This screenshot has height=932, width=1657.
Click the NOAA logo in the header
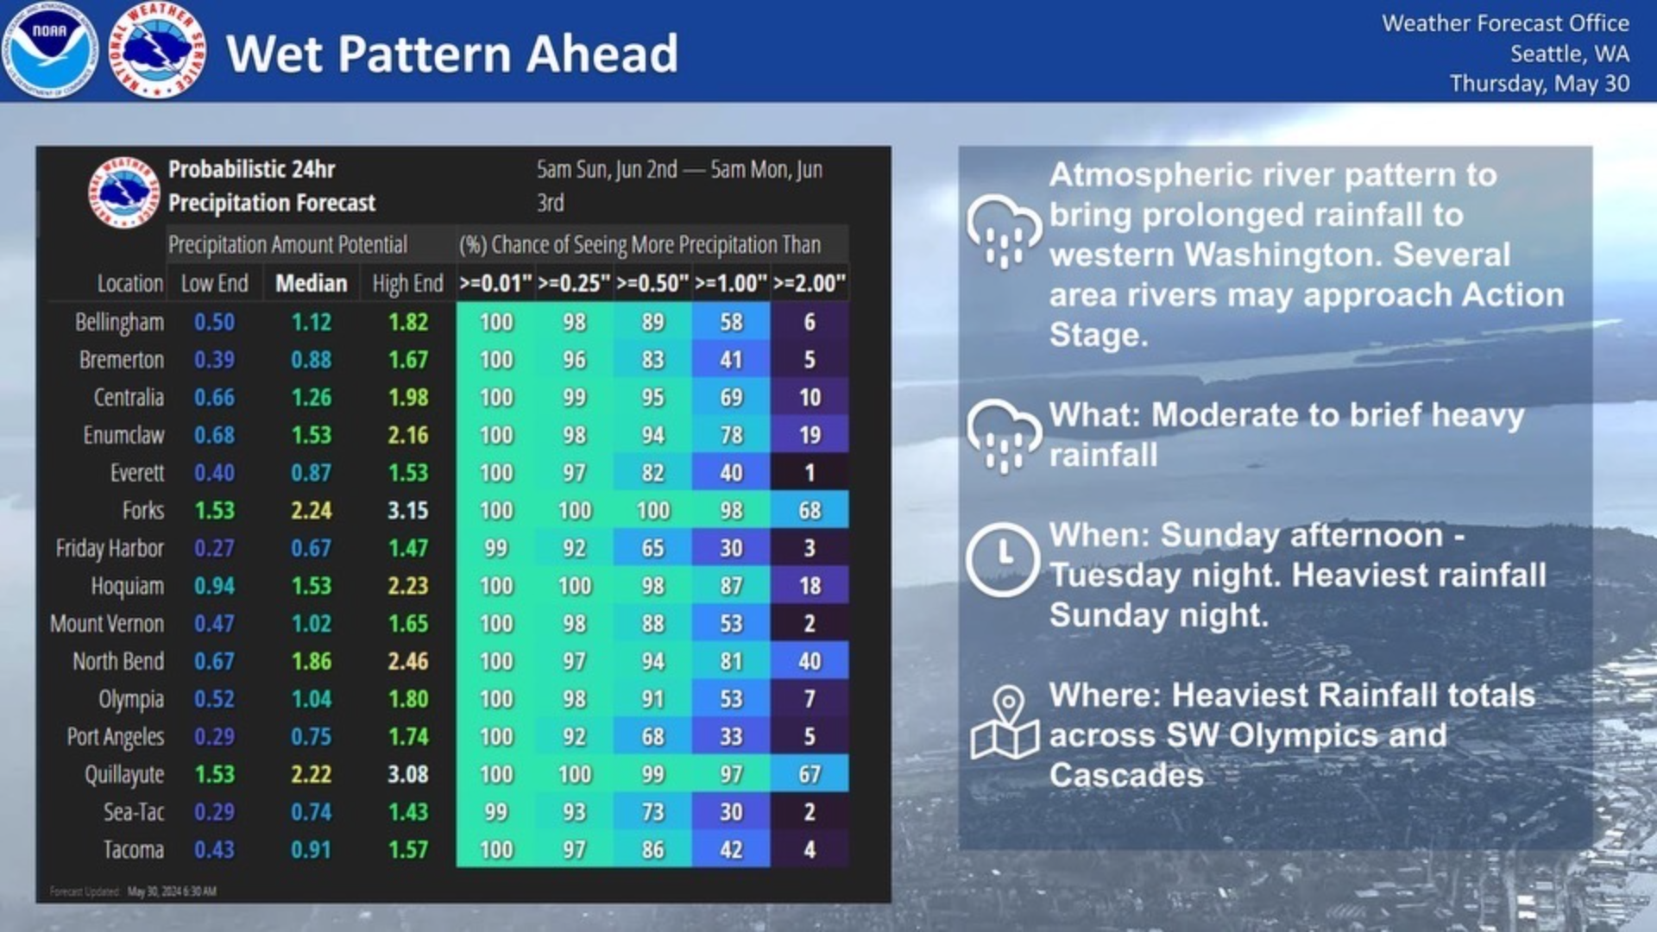(50, 50)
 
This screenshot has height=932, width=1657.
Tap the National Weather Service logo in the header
(157, 50)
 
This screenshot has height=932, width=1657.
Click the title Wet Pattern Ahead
(451, 54)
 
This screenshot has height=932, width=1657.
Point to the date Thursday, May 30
(1539, 84)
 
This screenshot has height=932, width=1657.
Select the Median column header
(311, 284)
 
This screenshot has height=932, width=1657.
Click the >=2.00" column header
(809, 284)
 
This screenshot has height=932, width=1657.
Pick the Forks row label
(142, 511)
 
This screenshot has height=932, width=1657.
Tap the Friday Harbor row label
(110, 549)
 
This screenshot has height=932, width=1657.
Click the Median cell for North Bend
(311, 662)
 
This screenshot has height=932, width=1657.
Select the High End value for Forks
(407, 511)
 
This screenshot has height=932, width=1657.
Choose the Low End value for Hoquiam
(214, 586)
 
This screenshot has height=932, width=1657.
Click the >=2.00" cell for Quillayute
(809, 775)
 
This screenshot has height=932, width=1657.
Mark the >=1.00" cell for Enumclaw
(731, 436)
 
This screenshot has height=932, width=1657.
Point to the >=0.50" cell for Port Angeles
(652, 737)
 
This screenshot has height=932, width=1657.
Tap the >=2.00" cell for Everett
(809, 473)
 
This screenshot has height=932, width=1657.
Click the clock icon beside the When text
(1002, 558)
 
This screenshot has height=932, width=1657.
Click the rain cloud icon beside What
(1004, 435)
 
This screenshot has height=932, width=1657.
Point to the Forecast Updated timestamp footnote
(133, 891)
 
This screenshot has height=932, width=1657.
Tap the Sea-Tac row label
(133, 812)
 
